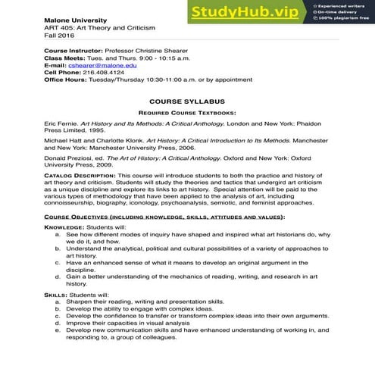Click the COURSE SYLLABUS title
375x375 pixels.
pyautogui.click(x=188, y=101)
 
